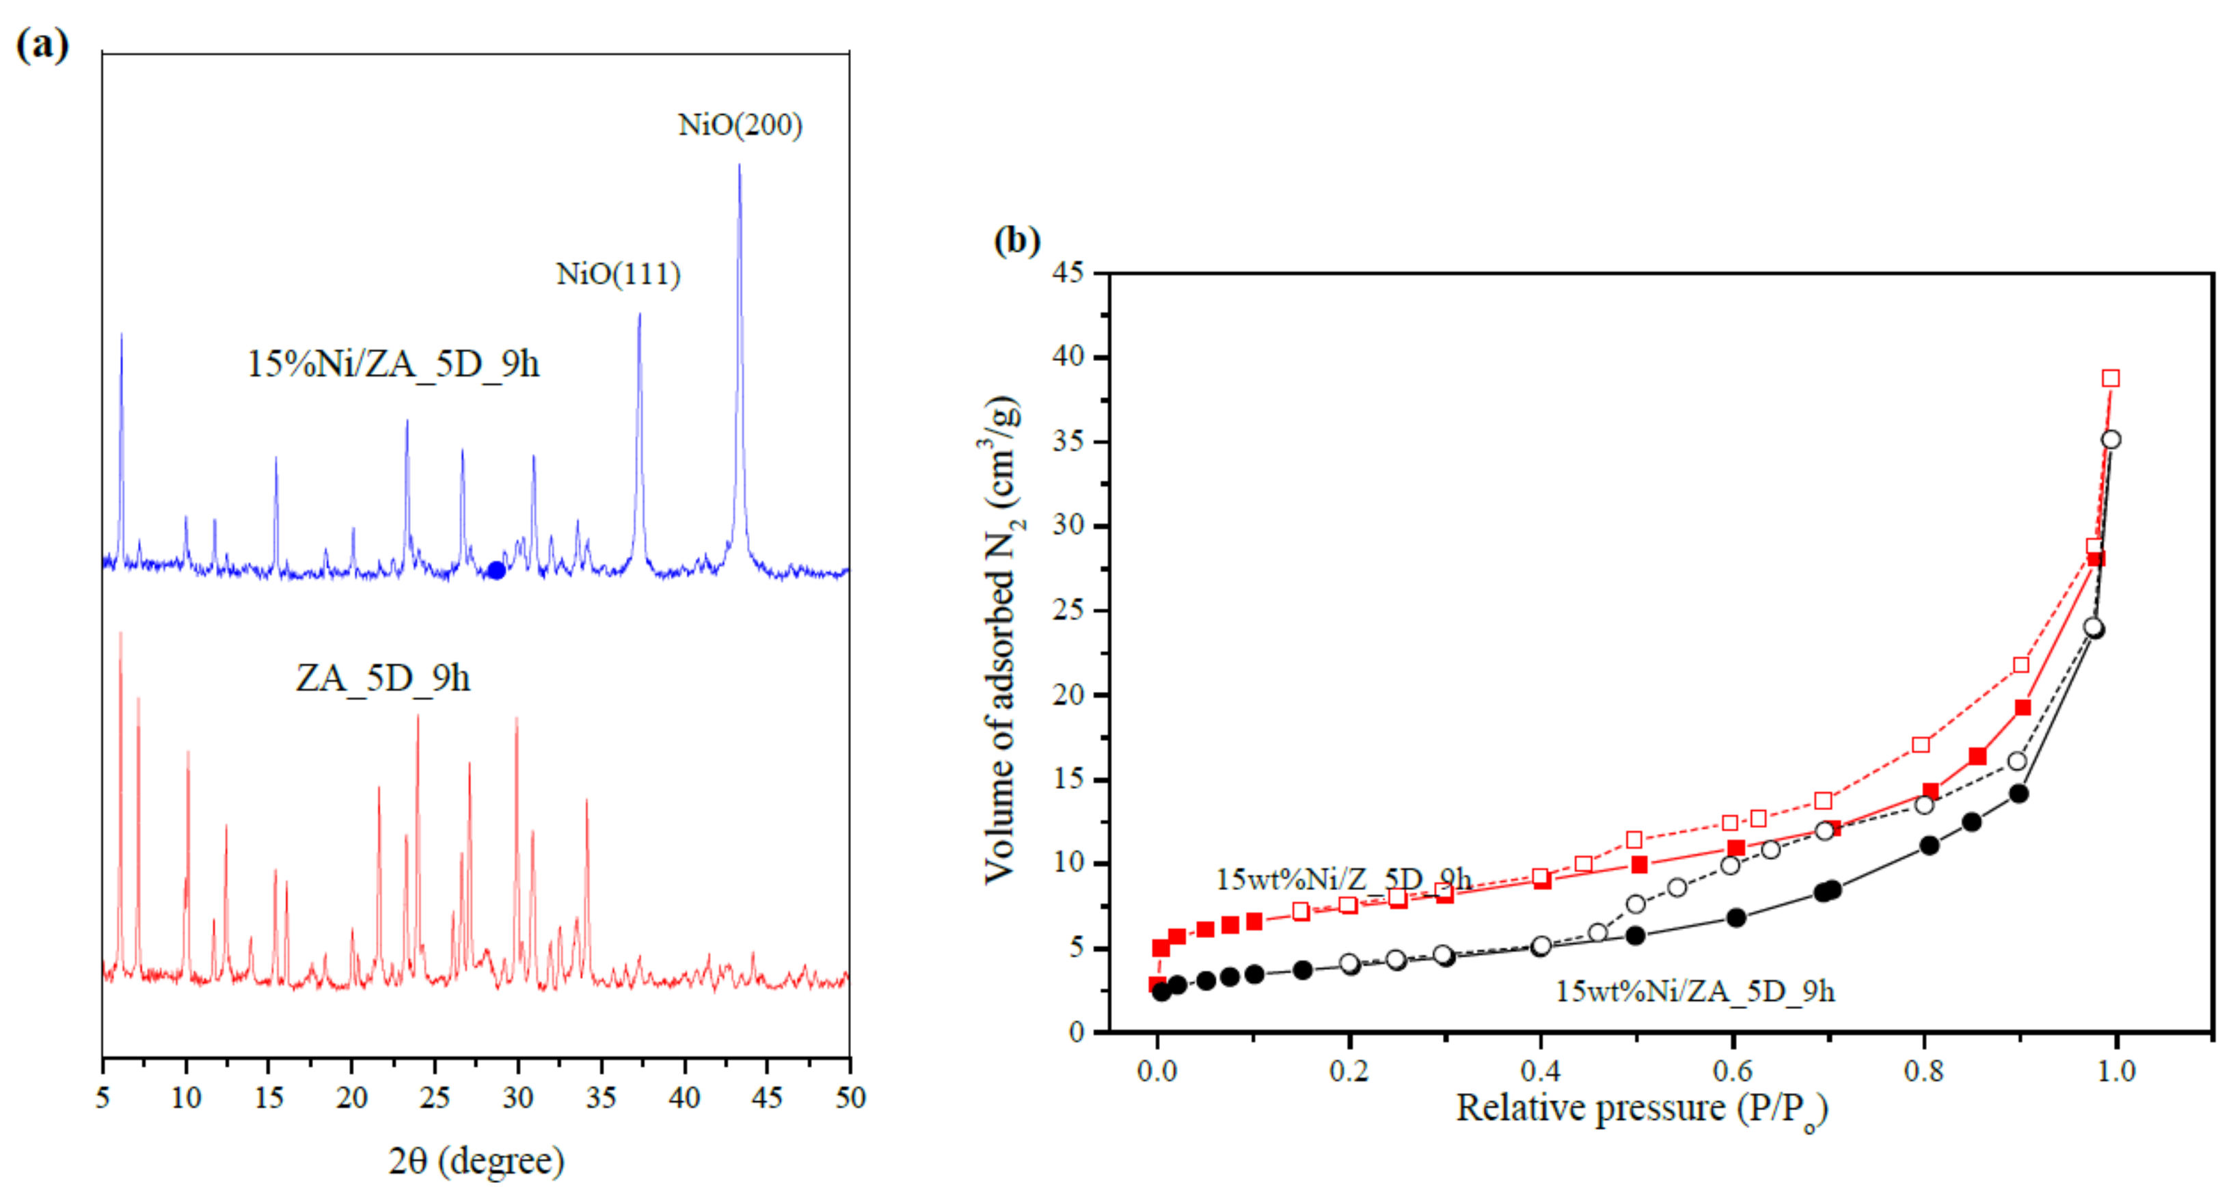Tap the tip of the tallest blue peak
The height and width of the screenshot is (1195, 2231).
tap(739, 166)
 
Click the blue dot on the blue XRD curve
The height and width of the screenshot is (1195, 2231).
tap(496, 569)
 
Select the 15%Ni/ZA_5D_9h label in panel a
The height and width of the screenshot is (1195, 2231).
tap(392, 364)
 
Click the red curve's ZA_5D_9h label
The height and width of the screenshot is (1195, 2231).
tap(383, 678)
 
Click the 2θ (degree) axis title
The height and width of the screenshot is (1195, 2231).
tap(476, 1159)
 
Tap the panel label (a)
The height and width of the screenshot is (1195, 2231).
tap(42, 43)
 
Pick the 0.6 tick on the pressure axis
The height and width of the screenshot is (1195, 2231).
tap(1732, 1071)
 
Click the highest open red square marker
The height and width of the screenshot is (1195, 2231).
tap(2111, 379)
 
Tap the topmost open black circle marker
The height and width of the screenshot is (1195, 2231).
tap(2111, 440)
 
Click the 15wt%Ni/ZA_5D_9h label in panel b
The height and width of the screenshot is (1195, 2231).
tap(1695, 991)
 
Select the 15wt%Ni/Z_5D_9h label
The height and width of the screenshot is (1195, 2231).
tap(1343, 879)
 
